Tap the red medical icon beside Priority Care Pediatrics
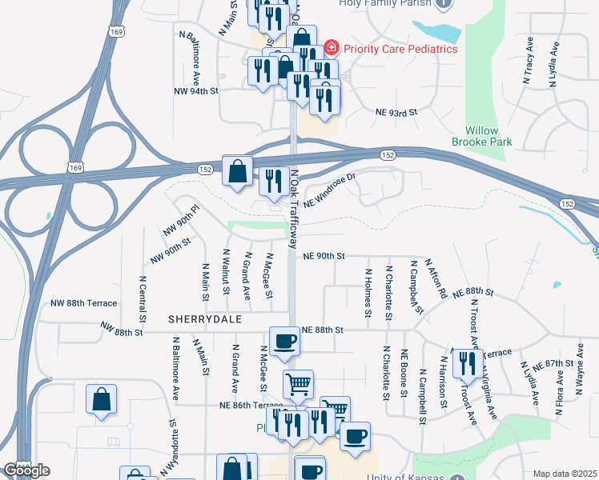(x=331, y=48)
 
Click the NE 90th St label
(x=324, y=256)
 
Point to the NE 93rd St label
(x=397, y=113)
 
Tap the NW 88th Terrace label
(x=83, y=303)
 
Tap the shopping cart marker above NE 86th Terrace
(x=298, y=385)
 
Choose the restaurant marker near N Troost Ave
(x=464, y=364)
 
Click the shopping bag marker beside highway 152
(x=238, y=171)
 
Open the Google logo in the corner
(x=26, y=470)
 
